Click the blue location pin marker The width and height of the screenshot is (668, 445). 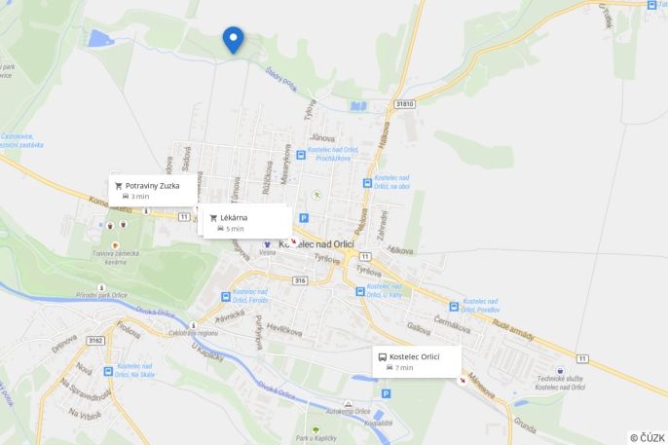click(233, 39)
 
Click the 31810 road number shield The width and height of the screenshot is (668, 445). click(404, 103)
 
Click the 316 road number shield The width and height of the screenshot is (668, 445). click(300, 280)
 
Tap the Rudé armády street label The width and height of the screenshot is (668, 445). click(513, 332)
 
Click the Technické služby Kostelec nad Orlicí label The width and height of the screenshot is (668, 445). click(559, 382)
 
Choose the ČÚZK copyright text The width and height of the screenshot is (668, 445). click(648, 437)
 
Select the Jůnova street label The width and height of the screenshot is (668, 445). click(321, 138)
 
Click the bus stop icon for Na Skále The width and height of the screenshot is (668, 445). click(108, 371)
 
